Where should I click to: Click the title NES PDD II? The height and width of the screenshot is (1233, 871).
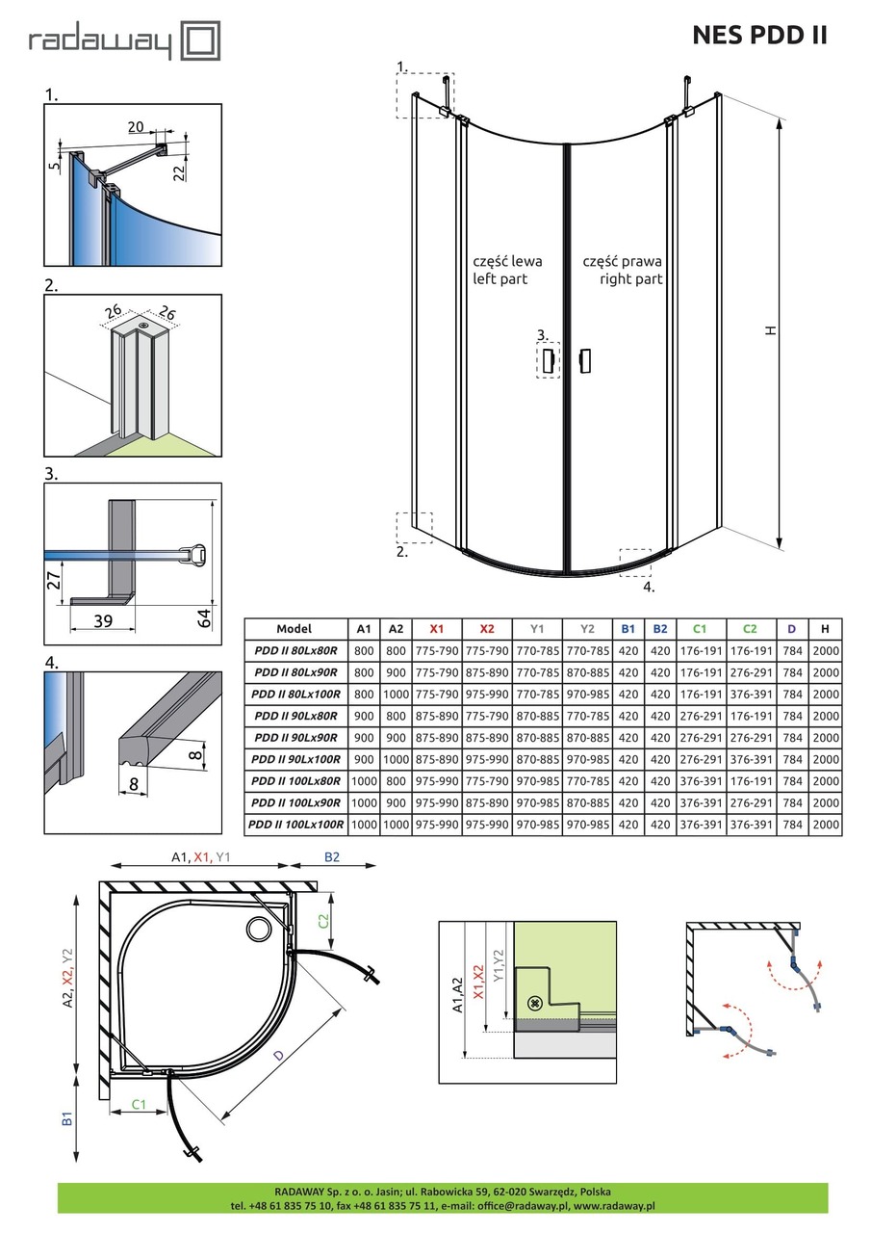759,36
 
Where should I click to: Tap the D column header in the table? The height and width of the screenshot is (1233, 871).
791,628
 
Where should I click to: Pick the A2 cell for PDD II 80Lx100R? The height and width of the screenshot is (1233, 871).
396,694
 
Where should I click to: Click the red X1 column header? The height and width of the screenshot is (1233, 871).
437,628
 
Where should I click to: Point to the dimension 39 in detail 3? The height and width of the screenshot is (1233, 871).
104,620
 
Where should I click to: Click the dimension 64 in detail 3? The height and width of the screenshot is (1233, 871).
203,617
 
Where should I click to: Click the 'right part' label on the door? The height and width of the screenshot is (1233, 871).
622,279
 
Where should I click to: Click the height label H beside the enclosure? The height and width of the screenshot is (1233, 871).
770,330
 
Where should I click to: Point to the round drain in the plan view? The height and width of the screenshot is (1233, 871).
259,930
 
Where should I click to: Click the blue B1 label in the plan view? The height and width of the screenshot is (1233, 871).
67,1118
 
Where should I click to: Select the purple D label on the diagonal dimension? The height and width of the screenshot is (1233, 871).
279,1056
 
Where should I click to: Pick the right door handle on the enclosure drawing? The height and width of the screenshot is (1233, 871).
584,360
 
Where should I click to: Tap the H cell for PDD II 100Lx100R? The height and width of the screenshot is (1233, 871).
825,825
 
